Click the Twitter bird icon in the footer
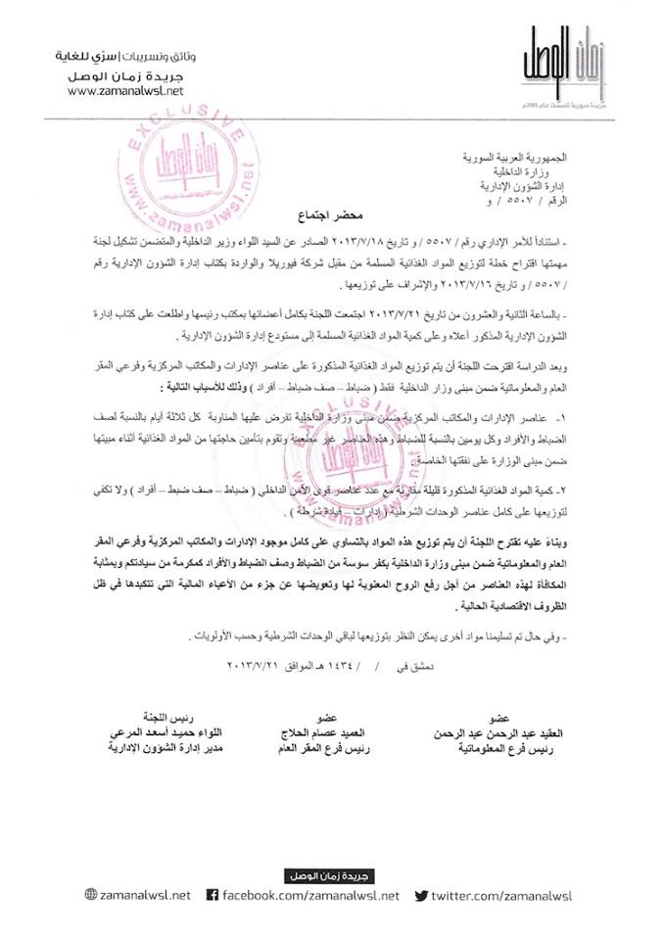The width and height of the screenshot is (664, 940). tap(422, 894)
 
